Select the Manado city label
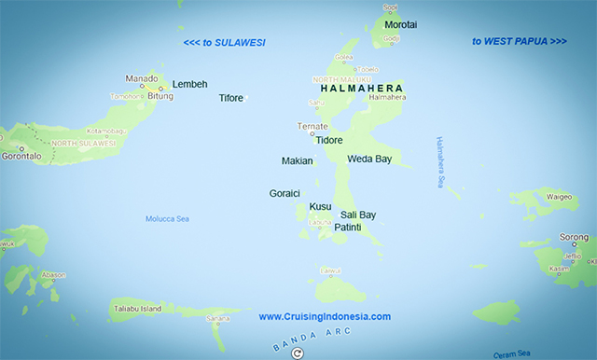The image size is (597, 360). point(143,78)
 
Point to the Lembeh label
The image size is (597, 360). point(189,84)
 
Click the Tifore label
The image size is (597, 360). point(230,98)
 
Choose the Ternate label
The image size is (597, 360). point(312,126)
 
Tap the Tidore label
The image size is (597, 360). point(329,141)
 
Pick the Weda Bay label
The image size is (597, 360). point(369,159)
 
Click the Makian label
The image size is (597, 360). point(297,161)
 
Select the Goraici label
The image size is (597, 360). point(285,194)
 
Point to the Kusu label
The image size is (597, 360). point(320,206)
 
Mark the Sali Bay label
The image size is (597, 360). point(358,215)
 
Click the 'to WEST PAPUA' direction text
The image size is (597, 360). point(519,41)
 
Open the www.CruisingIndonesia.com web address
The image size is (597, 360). point(325,317)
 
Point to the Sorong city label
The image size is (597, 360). point(573,238)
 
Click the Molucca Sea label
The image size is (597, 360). point(167,219)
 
